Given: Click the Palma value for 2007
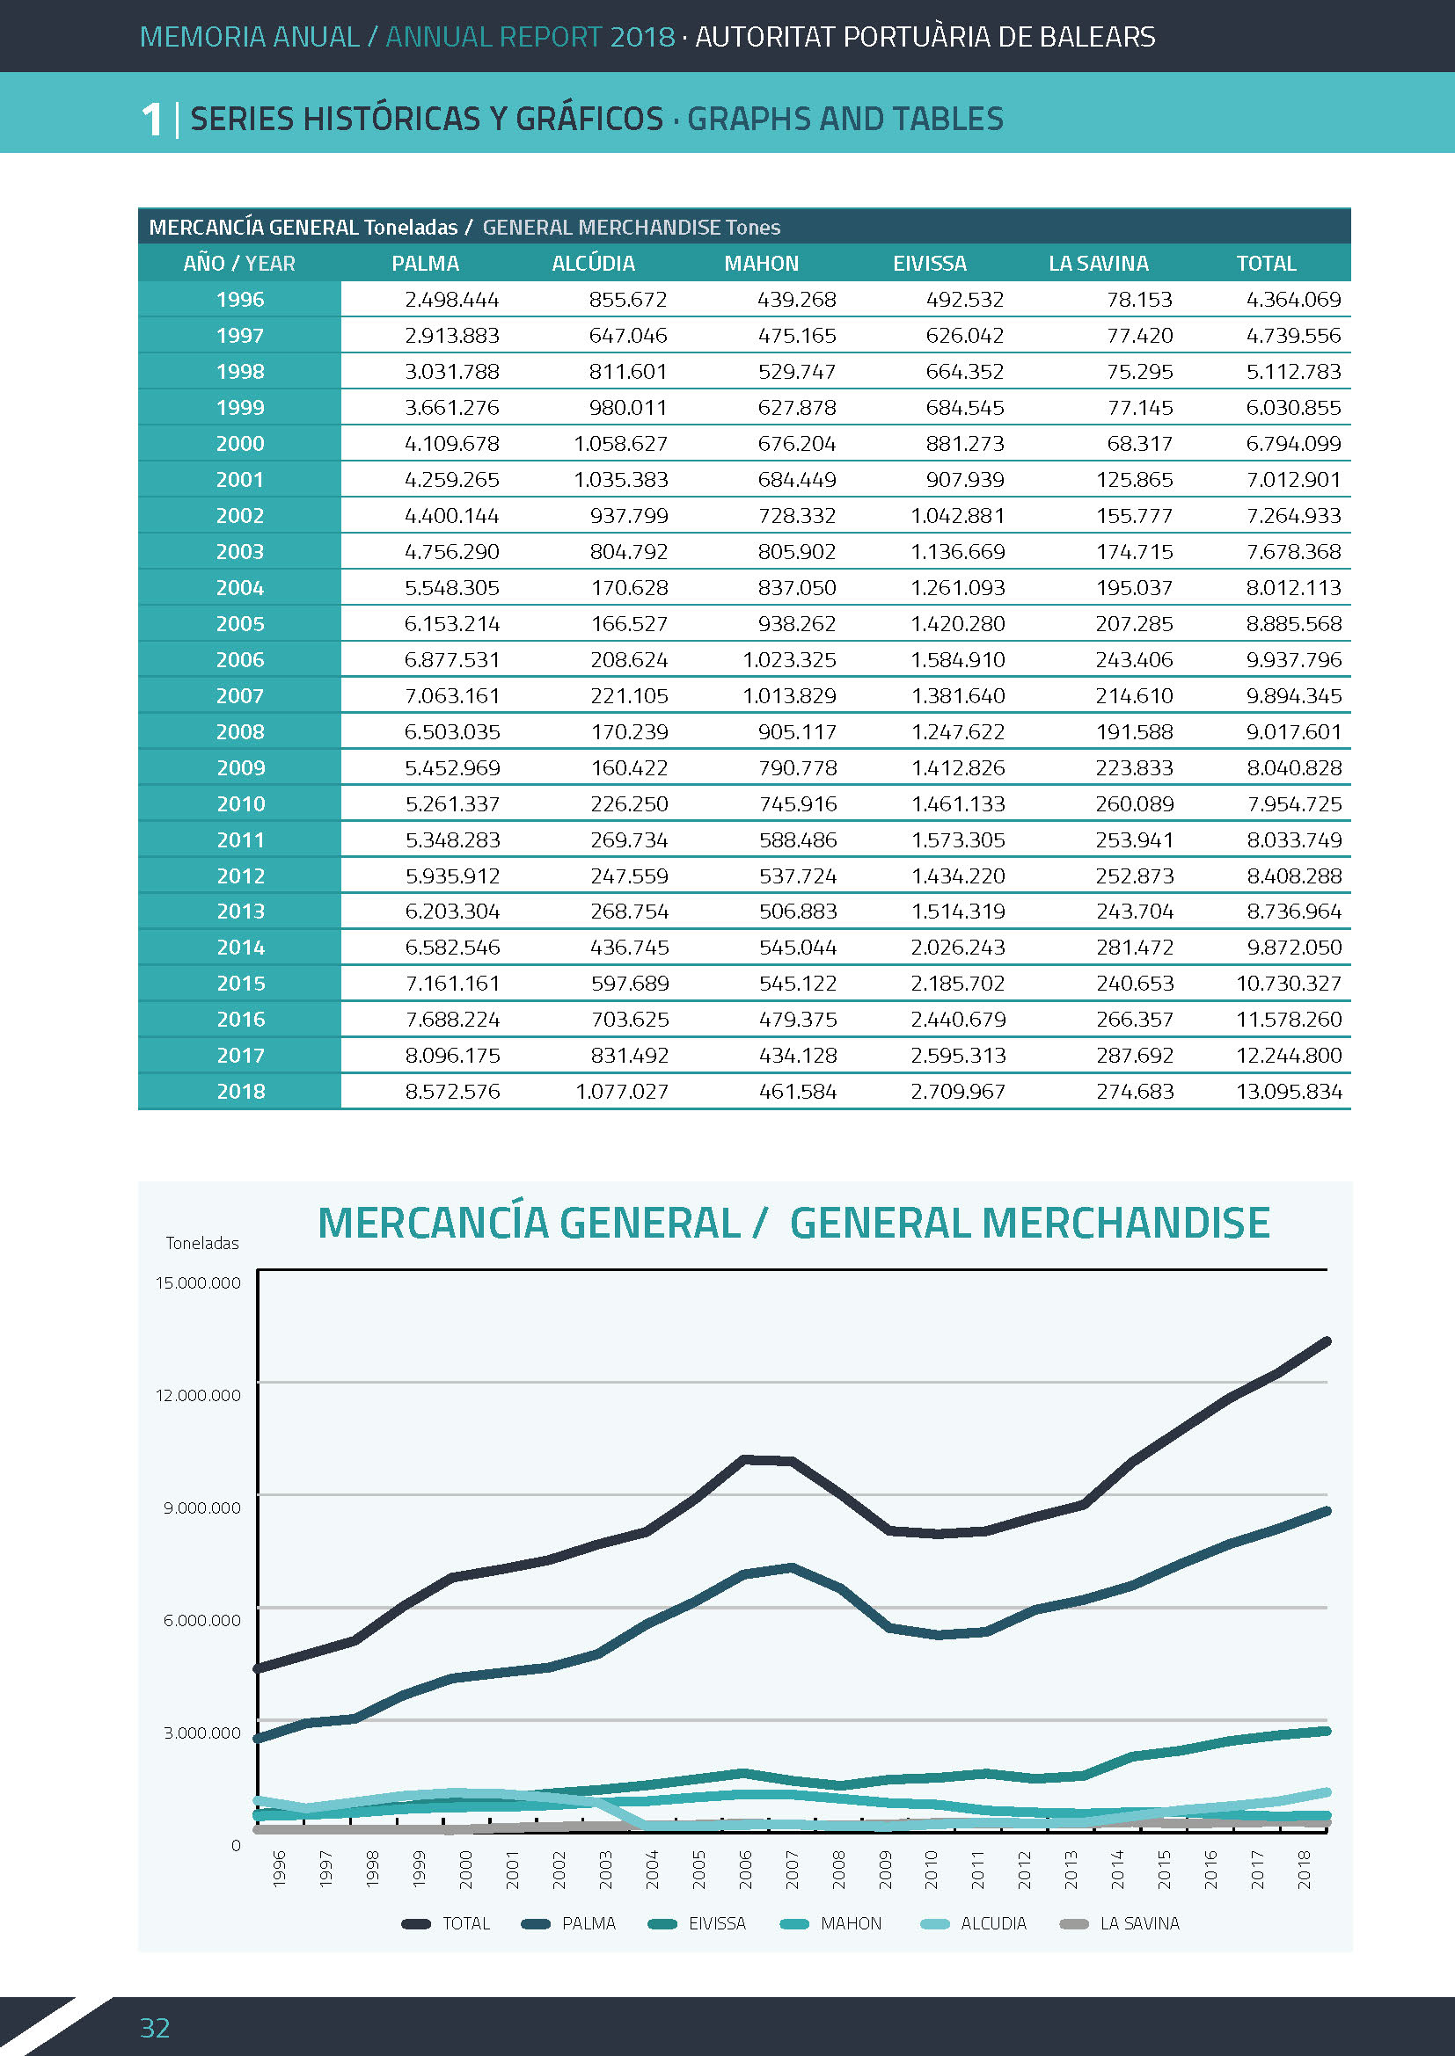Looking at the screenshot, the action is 451,696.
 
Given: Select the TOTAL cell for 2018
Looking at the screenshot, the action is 1289,1092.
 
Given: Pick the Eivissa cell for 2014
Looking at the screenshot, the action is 958,948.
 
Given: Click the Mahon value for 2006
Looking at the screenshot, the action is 788,660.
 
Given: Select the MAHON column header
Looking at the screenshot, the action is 761,264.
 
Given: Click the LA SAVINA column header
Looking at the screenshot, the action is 1099,264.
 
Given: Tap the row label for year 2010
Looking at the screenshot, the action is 240,804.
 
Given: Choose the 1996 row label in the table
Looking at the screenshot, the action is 240,300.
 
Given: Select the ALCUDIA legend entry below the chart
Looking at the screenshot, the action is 974,1923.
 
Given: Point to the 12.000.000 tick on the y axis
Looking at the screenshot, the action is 198,1395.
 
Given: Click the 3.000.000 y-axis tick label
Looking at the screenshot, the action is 202,1733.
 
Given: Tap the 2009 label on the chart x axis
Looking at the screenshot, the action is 885,1870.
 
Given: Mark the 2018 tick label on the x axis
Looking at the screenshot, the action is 1305,1870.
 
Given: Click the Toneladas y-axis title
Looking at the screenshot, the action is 202,1243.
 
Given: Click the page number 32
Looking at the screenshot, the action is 155,2027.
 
